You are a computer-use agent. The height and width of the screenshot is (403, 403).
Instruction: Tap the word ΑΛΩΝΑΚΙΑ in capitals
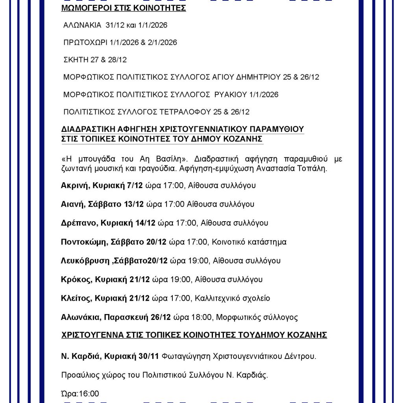pyautogui.click(x=82, y=25)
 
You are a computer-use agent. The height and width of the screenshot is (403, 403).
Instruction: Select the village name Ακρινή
pyautogui.click(x=74, y=185)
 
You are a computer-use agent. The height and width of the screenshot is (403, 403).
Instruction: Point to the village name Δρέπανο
pyautogui.click(x=78, y=223)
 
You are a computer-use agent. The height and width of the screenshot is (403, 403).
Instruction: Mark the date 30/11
pyautogui.click(x=150, y=357)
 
